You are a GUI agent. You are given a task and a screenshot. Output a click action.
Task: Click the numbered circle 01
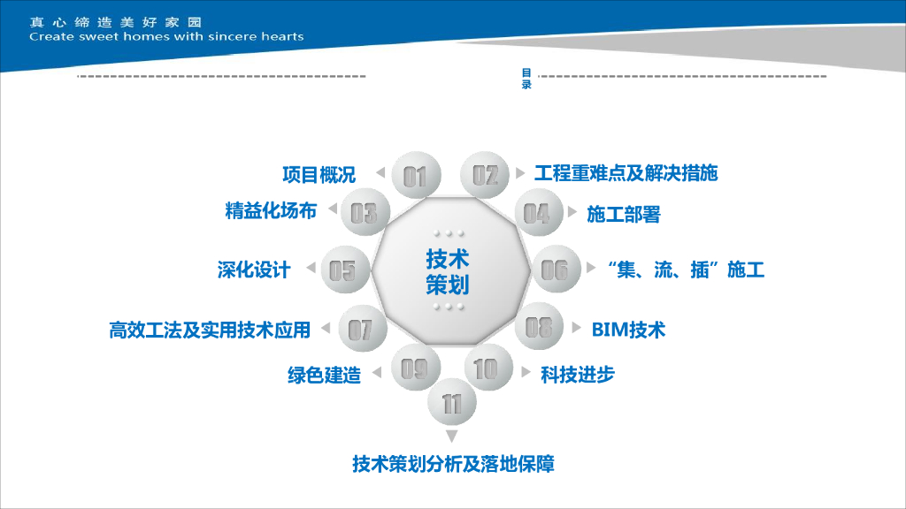[x=415, y=177]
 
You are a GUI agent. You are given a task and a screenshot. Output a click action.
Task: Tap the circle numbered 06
[x=555, y=269]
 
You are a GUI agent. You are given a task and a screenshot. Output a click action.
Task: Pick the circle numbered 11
[x=452, y=405]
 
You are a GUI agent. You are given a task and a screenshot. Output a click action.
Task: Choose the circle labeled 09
[x=414, y=368]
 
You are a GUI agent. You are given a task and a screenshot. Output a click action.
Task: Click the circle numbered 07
[x=360, y=330]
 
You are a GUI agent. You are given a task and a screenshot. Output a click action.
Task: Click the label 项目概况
[x=319, y=174]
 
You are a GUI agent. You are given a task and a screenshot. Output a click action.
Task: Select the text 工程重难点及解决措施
[x=626, y=173]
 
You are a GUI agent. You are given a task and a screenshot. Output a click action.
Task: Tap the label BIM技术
[x=628, y=330]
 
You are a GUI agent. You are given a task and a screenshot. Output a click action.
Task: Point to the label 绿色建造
[x=324, y=375]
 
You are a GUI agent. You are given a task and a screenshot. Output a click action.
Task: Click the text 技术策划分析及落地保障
[x=453, y=464]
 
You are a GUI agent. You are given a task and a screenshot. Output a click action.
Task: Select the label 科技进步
[x=577, y=374]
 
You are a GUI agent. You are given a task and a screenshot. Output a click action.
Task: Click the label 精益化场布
[x=271, y=211]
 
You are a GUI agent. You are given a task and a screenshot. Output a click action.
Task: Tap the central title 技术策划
[x=448, y=271]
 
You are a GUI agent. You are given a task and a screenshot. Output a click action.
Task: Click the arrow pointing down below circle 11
[x=452, y=437]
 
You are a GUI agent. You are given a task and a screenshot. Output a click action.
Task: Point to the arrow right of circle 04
[x=572, y=213]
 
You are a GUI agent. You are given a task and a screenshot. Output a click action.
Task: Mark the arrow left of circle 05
[x=309, y=270]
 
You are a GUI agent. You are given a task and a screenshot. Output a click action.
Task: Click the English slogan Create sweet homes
[x=166, y=37]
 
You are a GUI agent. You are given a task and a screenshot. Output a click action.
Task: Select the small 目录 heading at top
[x=526, y=80]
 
